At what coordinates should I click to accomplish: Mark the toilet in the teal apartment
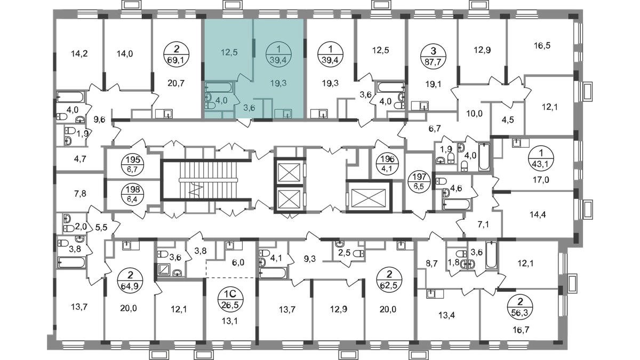click(209, 99)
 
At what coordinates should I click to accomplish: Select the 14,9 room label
click(124, 52)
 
